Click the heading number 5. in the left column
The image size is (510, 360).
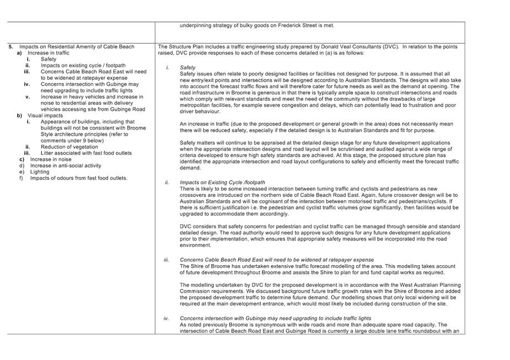[11, 47]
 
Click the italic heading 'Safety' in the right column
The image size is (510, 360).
[187, 68]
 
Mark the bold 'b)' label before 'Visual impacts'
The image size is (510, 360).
[19, 116]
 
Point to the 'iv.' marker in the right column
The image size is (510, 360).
[166, 319]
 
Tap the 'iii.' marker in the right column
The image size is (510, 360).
[166, 260]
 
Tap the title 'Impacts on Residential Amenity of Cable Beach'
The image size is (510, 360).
[77, 47]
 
